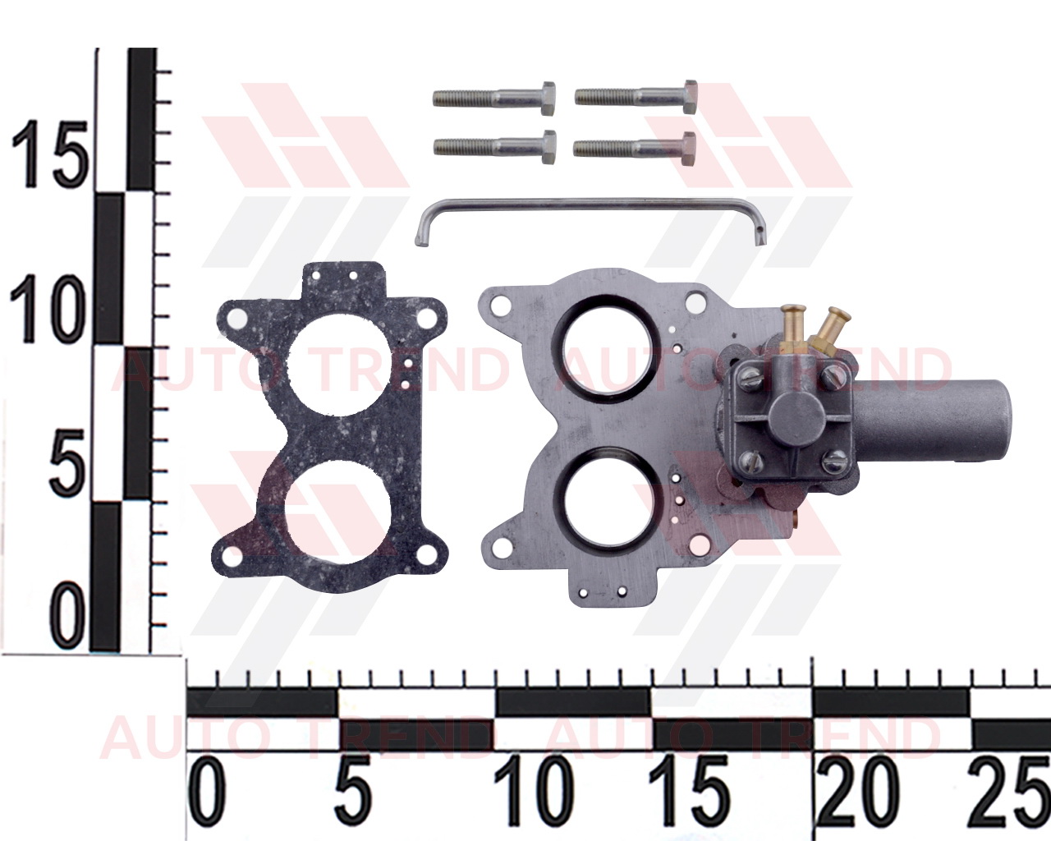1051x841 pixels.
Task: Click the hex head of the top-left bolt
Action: pyautogui.click(x=548, y=99)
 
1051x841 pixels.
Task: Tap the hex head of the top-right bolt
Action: pyautogui.click(x=690, y=97)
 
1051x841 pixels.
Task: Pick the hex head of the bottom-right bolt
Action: pyautogui.click(x=689, y=149)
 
